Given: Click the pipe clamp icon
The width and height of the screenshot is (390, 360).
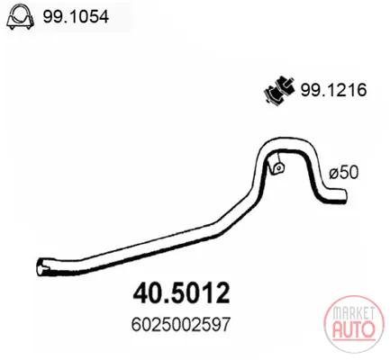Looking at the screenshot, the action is point(20,18).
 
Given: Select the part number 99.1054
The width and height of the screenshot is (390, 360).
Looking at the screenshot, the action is point(76,17).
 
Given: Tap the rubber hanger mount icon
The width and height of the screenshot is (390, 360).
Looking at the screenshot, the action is point(279,89).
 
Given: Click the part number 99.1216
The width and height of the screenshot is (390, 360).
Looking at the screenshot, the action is point(333,90).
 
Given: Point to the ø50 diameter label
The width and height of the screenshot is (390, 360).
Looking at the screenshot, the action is point(344,173).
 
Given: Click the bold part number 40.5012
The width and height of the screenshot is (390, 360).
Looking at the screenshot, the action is point(181,293).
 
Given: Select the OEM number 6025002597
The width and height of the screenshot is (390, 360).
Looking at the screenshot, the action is point(181,324).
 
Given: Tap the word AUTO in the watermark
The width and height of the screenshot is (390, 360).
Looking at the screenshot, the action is point(354,328).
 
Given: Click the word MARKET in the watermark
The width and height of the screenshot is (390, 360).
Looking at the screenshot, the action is point(353,313).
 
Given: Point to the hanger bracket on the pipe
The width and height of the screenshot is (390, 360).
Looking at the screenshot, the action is point(277,166).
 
